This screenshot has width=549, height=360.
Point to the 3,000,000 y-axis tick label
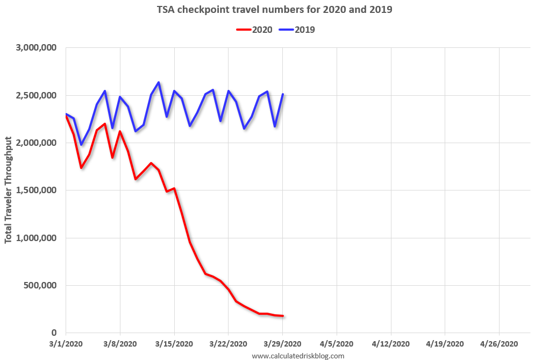37,48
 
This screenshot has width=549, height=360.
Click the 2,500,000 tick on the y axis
37,95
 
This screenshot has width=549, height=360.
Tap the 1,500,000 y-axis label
37,190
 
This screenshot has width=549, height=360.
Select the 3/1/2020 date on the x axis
66,343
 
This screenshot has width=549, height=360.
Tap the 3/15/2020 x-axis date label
174,343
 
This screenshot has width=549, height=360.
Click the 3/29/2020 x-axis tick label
283,343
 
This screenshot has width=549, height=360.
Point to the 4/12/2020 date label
391,343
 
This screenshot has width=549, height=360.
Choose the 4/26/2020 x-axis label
500,343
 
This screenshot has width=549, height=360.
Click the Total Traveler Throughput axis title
9,190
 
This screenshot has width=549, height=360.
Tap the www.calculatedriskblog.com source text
298,356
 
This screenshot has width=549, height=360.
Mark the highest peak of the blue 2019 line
159,82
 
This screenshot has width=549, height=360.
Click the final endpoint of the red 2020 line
283,316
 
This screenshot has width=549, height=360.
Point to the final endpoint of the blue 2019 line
283,94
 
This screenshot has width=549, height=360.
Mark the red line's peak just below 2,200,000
104,124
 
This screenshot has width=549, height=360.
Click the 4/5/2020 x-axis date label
337,343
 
